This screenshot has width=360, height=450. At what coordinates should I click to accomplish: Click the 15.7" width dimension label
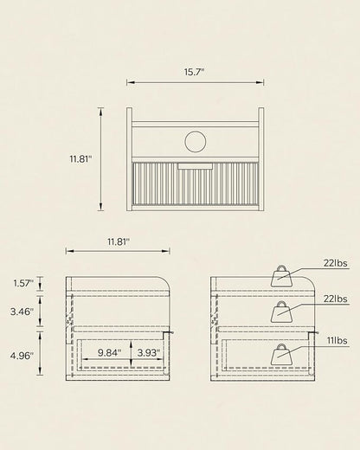pyautogui.click(x=194, y=72)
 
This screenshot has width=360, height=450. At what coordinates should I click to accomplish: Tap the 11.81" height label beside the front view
pyautogui.click(x=80, y=158)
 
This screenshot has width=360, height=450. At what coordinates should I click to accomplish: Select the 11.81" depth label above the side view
pyautogui.click(x=119, y=241)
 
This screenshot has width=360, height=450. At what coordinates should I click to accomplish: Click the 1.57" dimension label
pyautogui.click(x=23, y=283)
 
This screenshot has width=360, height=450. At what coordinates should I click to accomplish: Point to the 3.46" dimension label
pyautogui.click(x=22, y=312)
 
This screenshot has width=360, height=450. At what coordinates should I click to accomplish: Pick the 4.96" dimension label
pyautogui.click(x=22, y=356)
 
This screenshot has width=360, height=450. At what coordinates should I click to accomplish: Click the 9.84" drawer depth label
pyautogui.click(x=109, y=352)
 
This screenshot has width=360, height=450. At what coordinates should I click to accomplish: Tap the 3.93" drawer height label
pyautogui.click(x=149, y=352)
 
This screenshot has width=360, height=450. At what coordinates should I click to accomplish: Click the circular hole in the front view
pyautogui.click(x=196, y=141)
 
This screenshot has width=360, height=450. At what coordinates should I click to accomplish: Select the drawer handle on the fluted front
pyautogui.click(x=196, y=166)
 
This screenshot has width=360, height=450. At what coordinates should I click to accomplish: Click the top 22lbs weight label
pyautogui.click(x=335, y=263)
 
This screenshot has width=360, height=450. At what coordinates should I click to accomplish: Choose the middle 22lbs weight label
pyautogui.click(x=335, y=299)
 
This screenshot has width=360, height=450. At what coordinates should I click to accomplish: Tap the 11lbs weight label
pyautogui.click(x=337, y=341)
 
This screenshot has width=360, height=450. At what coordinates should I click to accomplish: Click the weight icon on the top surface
pyautogui.click(x=281, y=276)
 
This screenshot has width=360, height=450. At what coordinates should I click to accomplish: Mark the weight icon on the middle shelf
pyautogui.click(x=281, y=312)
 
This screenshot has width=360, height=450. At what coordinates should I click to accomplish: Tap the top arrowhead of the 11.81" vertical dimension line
pyautogui.click(x=100, y=112)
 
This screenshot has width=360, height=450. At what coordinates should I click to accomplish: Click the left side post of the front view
pyautogui.click(x=130, y=159)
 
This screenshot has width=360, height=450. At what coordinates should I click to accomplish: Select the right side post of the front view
pyautogui.click(x=261, y=159)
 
